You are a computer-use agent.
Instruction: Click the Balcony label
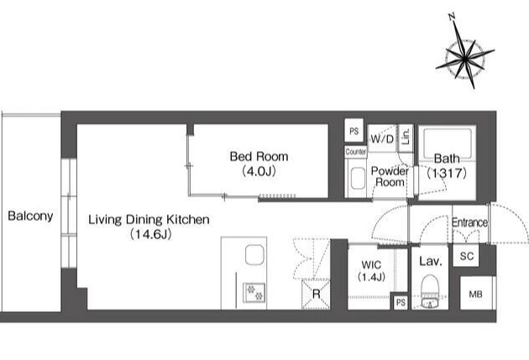point(30,216)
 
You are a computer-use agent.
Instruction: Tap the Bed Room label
point(259,156)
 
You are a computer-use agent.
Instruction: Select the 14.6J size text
point(151,234)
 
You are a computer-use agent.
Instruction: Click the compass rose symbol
point(465,58)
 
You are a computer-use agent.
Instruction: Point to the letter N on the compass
point(453,17)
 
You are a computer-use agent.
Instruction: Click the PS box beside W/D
point(354,130)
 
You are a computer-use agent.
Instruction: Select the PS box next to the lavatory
point(401,302)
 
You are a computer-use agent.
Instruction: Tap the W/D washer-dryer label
point(382,138)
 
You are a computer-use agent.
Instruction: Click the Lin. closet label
point(406,136)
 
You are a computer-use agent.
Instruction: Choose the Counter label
point(355,152)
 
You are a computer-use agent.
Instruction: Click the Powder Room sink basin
point(358,179)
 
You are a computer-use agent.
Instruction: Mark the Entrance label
point(469,222)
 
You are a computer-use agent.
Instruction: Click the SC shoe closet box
point(467,256)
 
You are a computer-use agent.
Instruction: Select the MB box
point(476,294)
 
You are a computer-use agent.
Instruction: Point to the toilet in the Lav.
point(430,291)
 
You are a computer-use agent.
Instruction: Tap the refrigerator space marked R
point(316,294)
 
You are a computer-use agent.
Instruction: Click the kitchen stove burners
point(254,293)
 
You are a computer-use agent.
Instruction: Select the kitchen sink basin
point(254,254)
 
